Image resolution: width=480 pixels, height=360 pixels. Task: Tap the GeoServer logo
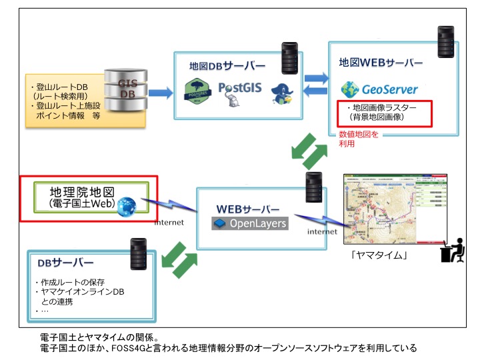[x=379, y=89]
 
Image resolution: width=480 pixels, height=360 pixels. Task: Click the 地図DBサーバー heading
[x=226, y=66]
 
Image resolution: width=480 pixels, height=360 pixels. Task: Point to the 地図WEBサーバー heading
[x=381, y=63]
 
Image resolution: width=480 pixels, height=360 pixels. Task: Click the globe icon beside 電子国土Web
[x=127, y=207]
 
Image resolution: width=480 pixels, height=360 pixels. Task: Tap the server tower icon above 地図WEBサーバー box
[x=445, y=41]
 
